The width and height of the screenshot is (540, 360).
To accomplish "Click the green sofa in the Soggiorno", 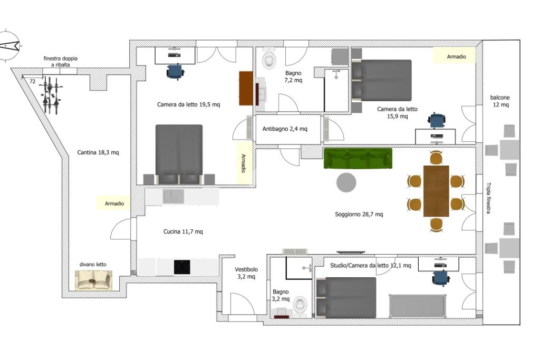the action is tap(358, 158).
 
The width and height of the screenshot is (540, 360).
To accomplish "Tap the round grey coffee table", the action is tap(346, 182).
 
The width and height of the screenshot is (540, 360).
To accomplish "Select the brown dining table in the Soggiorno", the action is tap(436, 191).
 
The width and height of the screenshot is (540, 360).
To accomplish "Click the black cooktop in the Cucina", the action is tap(182, 267).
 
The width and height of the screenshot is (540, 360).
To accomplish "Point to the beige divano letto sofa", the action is tap(94, 280).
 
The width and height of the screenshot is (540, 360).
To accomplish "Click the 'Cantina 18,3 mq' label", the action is tap(98, 152).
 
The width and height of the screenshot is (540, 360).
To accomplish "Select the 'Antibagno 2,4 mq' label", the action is tap(285, 129).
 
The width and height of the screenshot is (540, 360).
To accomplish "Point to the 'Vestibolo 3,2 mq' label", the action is tap(246, 273).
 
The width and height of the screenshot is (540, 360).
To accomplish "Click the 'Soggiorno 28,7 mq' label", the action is tap(359, 214).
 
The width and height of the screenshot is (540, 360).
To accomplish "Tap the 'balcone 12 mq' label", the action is tap(500, 101).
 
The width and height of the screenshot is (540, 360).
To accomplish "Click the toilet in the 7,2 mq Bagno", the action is tap(269, 59).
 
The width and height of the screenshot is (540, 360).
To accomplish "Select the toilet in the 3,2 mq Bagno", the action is tap(300, 306).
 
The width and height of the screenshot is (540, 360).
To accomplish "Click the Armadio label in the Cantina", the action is tap(114, 203).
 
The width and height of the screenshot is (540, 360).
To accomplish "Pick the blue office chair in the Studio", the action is tap(441, 277).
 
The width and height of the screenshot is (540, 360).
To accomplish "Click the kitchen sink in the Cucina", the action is tap(173, 197).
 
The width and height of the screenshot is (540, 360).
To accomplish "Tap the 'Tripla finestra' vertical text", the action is tap(488, 198).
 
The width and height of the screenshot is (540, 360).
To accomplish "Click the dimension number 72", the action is tap(32, 82).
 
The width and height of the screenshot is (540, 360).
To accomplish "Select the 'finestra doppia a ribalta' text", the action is tap(61, 61).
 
